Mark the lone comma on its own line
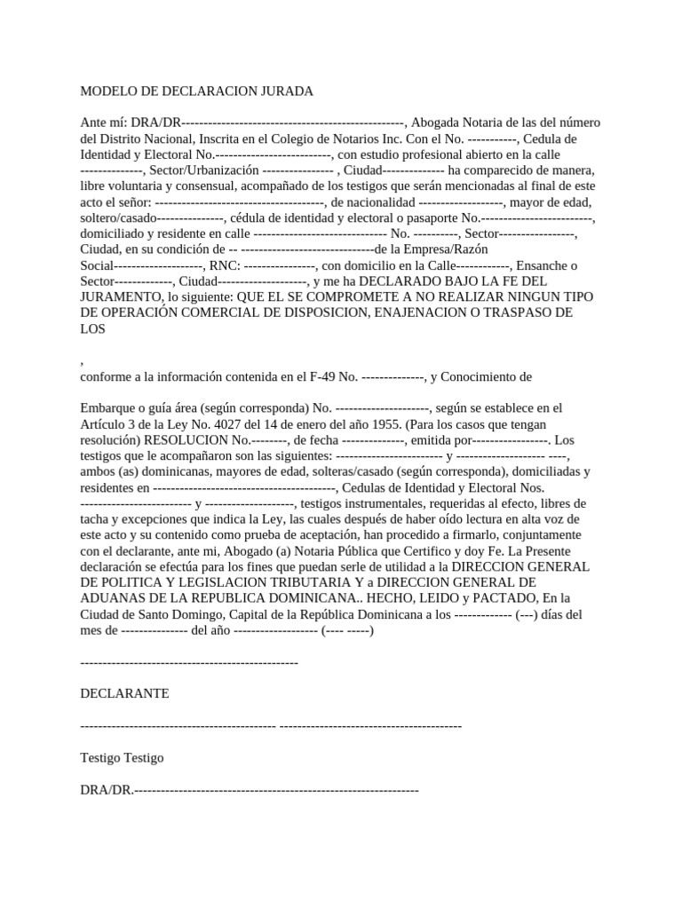pyautogui.click(x=82, y=360)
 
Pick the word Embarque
pyautogui.click(x=107, y=407)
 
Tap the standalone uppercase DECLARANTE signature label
pyautogui.click(x=124, y=692)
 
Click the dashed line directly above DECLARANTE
pyautogui.click(x=189, y=662)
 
